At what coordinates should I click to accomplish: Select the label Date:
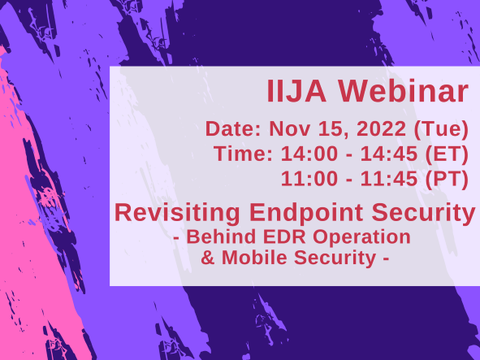(x=235, y=128)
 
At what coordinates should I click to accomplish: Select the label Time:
(x=244, y=154)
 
